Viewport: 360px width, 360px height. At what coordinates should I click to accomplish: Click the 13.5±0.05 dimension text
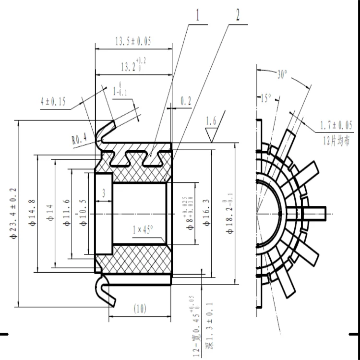(x=133, y=41)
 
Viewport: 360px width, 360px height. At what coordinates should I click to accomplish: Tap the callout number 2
(x=237, y=15)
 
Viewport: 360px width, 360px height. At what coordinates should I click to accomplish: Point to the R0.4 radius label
(x=80, y=139)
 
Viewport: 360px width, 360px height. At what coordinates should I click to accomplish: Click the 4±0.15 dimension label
(x=53, y=102)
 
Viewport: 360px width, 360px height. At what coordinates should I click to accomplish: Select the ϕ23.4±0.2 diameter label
(x=13, y=213)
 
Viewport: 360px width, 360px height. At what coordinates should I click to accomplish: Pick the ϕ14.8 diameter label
(x=32, y=213)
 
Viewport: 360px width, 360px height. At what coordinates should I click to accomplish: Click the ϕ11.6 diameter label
(x=66, y=213)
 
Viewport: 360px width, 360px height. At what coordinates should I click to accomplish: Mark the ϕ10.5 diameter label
(x=84, y=213)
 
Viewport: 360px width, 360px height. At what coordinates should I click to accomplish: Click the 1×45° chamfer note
(x=142, y=230)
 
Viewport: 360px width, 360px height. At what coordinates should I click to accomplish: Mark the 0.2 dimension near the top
(x=186, y=101)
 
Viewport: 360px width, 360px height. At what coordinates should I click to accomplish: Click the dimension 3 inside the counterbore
(x=104, y=193)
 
